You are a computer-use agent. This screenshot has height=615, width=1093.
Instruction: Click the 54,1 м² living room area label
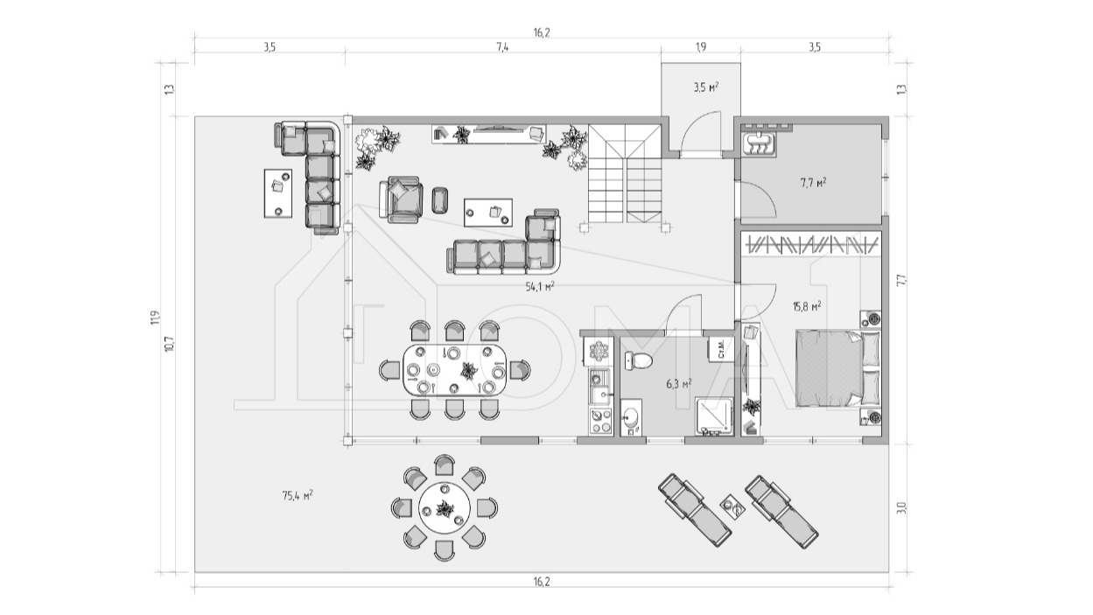pos(540,286)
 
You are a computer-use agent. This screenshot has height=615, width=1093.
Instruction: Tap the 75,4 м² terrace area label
pos(298,495)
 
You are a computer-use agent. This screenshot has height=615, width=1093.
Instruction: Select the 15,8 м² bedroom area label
pos(807,306)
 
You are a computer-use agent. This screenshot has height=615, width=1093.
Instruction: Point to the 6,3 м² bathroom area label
pos(679,384)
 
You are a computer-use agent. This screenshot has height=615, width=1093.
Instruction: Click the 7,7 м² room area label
pos(813,183)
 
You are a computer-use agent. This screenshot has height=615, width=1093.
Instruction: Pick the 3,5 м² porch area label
pos(706,87)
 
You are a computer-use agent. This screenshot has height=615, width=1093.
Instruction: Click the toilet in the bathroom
pos(639,361)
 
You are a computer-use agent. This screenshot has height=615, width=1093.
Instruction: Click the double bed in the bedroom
pos(837,367)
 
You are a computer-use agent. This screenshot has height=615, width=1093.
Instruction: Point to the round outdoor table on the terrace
pos(445,507)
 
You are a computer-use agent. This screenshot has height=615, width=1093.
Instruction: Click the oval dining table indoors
pos(455,370)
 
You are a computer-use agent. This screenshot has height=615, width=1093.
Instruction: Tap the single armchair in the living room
pos(402,199)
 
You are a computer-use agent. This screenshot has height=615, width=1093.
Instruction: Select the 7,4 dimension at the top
pos(502,47)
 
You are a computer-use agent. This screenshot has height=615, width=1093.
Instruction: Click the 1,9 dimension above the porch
pos(701,47)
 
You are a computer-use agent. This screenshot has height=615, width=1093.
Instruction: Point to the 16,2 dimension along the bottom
pos(542,582)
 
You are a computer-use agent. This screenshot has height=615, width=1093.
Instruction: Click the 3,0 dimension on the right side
pos(901,507)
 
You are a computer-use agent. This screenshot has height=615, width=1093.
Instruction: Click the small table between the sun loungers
pos(733,506)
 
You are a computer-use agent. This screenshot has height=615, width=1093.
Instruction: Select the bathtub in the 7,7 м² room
pos(759,143)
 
